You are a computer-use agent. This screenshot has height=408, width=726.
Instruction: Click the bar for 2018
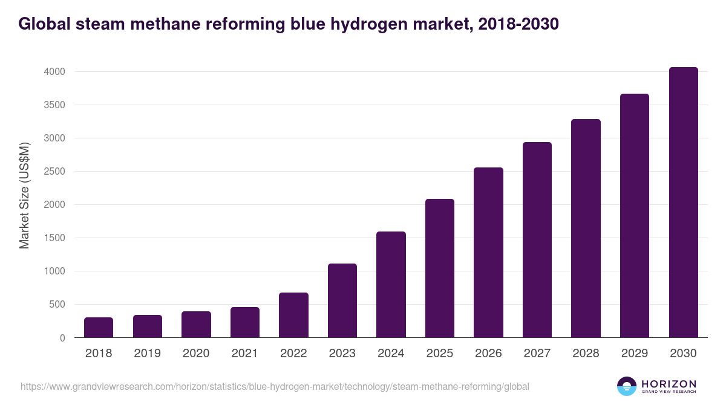pos(99,327)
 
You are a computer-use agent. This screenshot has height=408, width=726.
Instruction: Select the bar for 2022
pos(293,315)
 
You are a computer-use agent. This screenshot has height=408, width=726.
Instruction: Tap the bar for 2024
pos(391,284)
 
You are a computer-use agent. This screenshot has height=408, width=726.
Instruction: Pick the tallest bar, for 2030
pos(683,202)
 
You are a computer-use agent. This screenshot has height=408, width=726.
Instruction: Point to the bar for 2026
pos(488,252)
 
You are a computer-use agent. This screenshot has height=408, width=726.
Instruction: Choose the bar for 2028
pos(586,228)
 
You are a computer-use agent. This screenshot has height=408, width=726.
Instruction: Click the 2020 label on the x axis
pos(196,354)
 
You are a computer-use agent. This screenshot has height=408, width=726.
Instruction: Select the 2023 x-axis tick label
pos(342,354)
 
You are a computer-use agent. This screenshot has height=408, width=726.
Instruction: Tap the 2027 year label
pos(537,354)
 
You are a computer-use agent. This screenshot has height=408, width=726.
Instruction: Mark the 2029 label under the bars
pos(635,354)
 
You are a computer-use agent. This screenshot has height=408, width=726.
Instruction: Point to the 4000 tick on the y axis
pos(54,72)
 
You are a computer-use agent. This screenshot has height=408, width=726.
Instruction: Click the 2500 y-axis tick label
pos(54,172)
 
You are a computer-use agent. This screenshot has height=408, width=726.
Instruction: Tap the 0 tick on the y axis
pos(62,338)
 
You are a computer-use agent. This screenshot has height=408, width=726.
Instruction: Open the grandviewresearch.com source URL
pos(275,386)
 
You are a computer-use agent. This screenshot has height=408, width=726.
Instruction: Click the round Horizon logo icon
pos(626,386)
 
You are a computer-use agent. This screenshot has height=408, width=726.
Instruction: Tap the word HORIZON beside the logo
pos(669,383)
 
